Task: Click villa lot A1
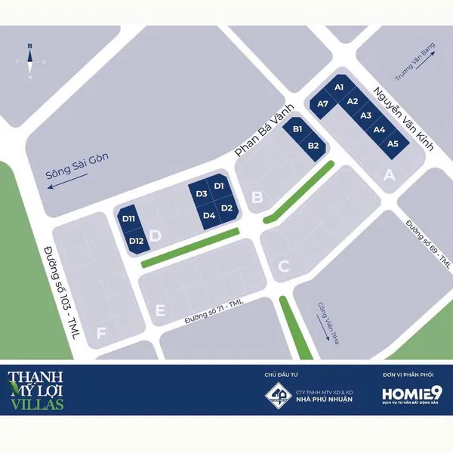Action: pos(339,88)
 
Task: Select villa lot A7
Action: pos(322,103)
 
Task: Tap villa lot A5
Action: pos(392,143)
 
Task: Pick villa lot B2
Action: pos(314,146)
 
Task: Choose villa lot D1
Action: pos(219,186)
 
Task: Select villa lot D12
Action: pos(136,241)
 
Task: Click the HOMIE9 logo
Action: pos(412,394)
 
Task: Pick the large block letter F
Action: pos(101,332)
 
